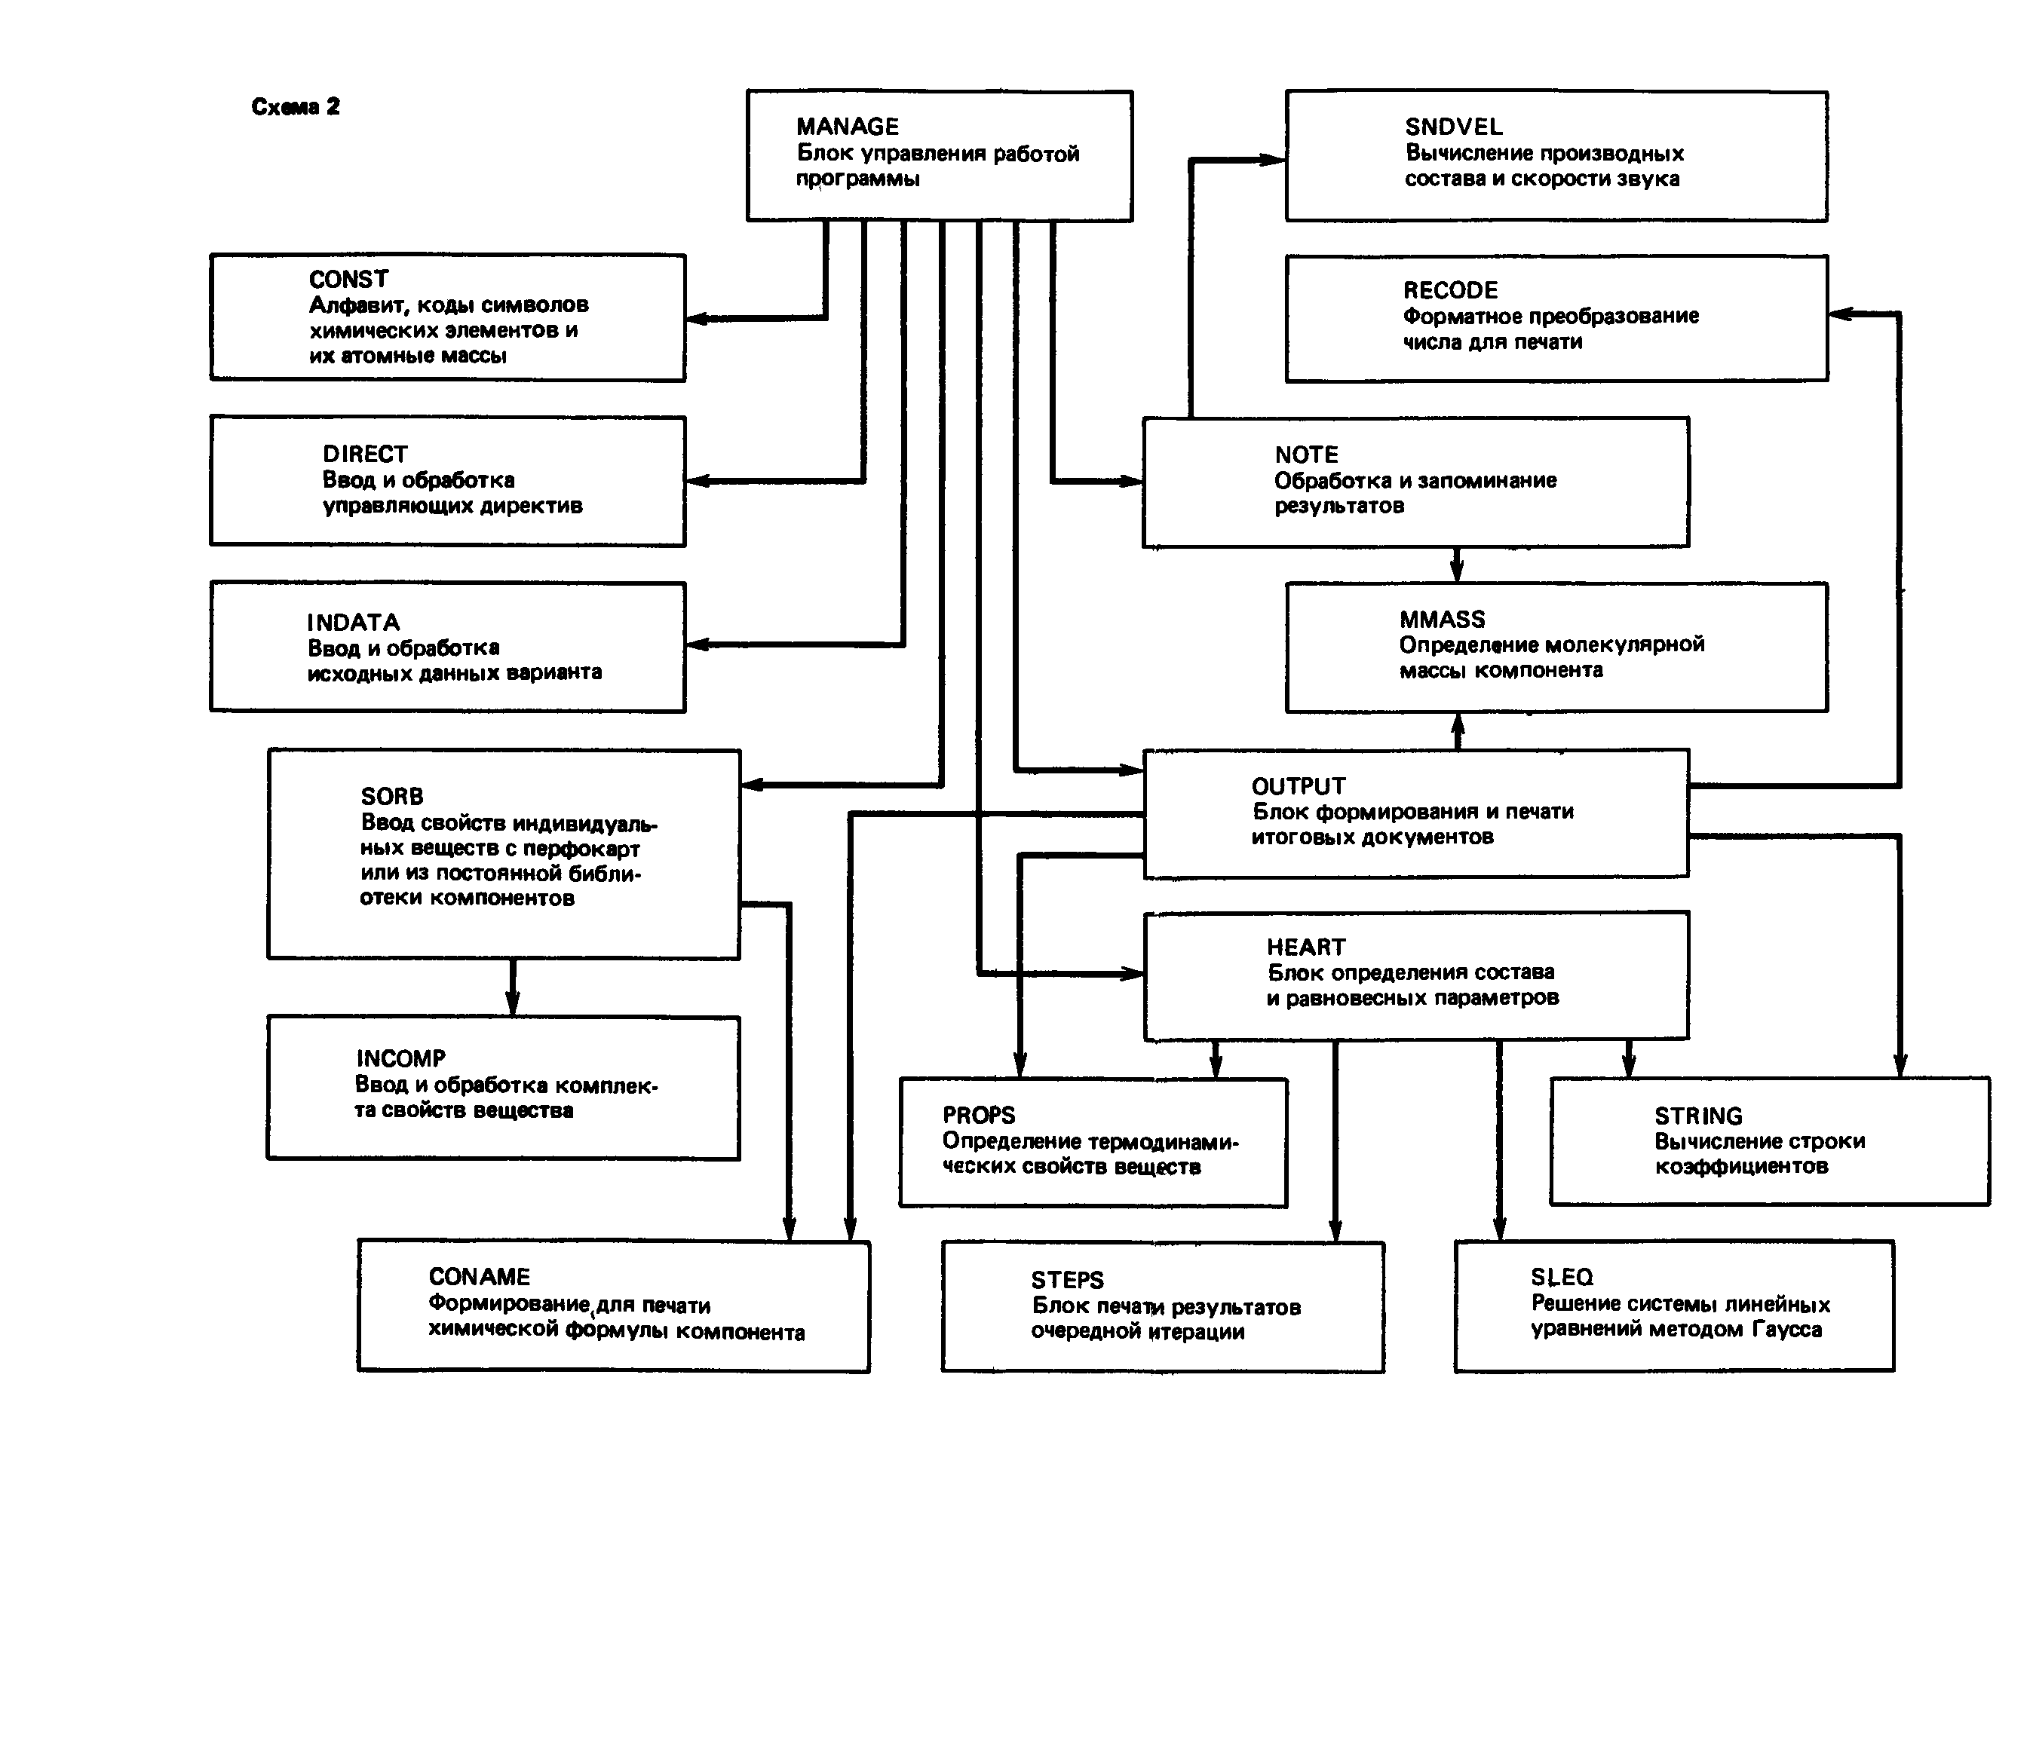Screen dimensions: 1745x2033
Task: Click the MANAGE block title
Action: point(847,127)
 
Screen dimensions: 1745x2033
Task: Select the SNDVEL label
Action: point(1453,127)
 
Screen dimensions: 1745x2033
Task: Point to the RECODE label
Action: point(1450,290)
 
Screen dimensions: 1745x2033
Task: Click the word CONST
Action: point(348,280)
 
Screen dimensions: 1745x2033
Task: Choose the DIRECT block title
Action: point(364,454)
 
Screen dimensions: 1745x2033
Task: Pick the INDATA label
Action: point(353,623)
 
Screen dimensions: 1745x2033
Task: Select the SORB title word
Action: point(391,797)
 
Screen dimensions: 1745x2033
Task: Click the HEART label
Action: point(1305,948)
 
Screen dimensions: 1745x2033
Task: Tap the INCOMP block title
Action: point(400,1059)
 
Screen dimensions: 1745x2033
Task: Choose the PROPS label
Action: point(978,1116)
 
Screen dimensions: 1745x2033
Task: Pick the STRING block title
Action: point(1698,1116)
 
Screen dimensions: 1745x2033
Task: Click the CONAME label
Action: point(479,1277)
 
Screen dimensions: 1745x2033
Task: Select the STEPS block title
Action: point(1066,1281)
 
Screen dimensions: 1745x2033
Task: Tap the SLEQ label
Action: point(1562,1277)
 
